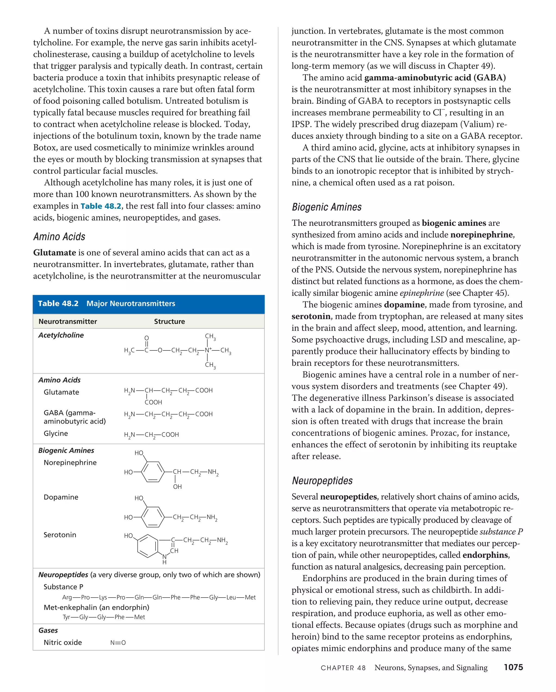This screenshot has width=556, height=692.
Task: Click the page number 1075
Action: (513, 668)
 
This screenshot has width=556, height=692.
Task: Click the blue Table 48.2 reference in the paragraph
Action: (101, 206)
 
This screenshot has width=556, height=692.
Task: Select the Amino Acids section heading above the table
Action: (59, 237)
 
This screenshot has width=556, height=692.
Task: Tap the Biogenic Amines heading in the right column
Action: (327, 207)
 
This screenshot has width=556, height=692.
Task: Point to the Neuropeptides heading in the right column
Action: (322, 481)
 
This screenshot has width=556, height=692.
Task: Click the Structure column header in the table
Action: (169, 321)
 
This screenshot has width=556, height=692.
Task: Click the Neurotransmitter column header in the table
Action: (68, 321)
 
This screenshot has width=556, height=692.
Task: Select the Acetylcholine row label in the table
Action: (61, 335)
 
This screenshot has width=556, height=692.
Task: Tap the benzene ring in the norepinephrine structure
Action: (153, 472)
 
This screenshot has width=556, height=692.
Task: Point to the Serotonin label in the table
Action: (60, 535)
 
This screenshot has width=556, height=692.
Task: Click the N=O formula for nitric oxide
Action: (118, 643)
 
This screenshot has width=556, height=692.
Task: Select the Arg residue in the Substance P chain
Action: (67, 597)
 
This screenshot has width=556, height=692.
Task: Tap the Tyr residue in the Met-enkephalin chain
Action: (66, 617)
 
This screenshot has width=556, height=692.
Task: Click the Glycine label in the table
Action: (56, 433)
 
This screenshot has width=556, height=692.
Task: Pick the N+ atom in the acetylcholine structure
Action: (208, 350)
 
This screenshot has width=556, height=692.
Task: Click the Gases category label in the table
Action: (48, 630)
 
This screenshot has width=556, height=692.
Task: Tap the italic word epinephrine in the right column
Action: (422, 293)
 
